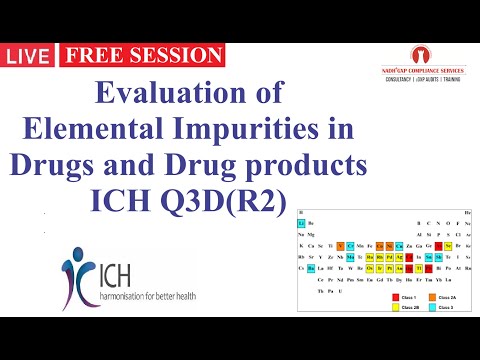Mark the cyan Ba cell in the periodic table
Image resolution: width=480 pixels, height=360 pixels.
(x=311, y=268)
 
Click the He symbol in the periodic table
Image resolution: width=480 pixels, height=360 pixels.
(x=468, y=213)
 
